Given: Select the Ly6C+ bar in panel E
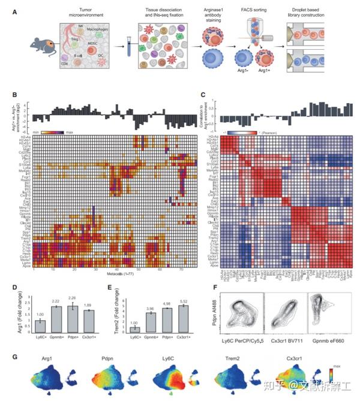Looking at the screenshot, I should tap(135, 329).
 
